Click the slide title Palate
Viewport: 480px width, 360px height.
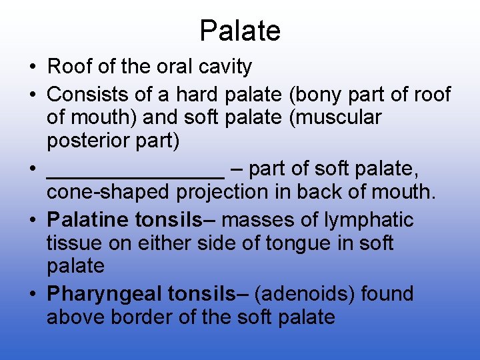[240, 31]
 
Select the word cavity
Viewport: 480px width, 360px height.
[226, 67]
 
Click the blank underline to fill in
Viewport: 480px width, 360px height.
[135, 171]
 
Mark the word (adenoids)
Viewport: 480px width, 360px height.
[306, 293]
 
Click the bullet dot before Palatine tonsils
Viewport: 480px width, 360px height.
[32, 220]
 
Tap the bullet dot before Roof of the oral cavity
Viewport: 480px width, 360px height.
[32, 67]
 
